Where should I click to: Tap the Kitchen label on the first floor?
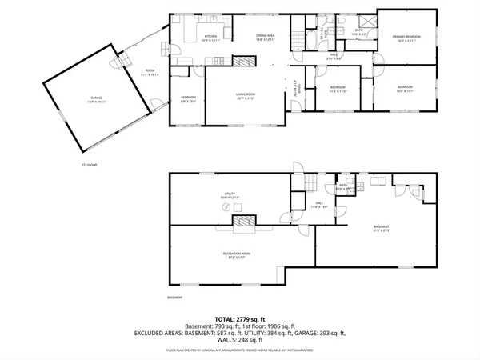pyautogui.click(x=211, y=38)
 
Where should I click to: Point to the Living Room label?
pyautogui.click(x=245, y=96)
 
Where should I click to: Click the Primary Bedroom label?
pyautogui.click(x=407, y=39)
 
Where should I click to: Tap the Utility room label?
pyautogui.click(x=230, y=197)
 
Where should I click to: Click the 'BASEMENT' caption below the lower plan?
pyautogui.click(x=175, y=298)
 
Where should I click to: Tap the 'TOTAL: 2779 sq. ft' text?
pyautogui.click(x=240, y=318)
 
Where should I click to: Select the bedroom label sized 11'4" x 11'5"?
pyautogui.click(x=338, y=88)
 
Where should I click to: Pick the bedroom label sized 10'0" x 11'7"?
pyautogui.click(x=406, y=88)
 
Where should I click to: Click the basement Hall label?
pyautogui.click(x=318, y=206)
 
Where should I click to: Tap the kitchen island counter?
pyautogui.click(x=192, y=32)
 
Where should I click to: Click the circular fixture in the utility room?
pyautogui.click(x=225, y=207)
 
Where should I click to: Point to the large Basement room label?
pyautogui.click(x=382, y=231)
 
